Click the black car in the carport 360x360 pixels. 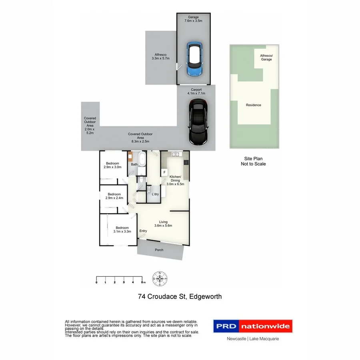pos(198,122)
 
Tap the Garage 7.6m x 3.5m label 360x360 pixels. pos(193,20)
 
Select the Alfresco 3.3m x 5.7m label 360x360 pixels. pos(160,56)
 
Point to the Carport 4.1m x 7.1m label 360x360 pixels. pos(196,92)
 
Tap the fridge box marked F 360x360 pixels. pos(164,172)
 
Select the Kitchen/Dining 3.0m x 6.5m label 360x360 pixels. pos(175,180)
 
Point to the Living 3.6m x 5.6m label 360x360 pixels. pos(163,224)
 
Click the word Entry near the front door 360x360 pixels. pos(143,231)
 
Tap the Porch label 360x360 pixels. pos(159,250)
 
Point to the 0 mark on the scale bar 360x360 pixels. pos(96,282)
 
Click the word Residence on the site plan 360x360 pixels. pos(254,105)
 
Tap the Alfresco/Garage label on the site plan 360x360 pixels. pos(266,57)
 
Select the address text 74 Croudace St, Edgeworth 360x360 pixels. pos(180,297)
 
